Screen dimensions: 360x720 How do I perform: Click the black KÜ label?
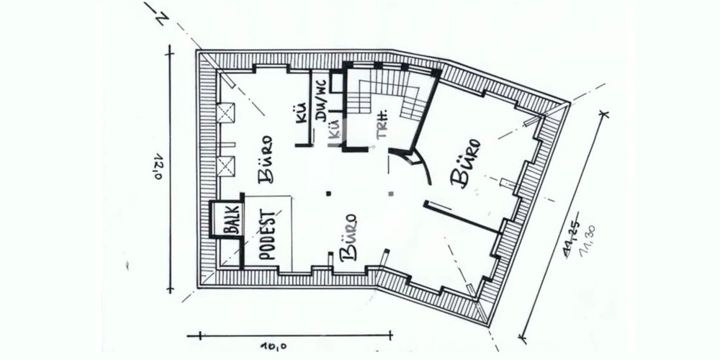click(x=302, y=113)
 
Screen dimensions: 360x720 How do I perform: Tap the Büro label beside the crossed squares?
click(x=264, y=159)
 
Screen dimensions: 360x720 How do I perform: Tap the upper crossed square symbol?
click(x=225, y=113)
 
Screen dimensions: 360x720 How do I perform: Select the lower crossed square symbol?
click(x=225, y=166)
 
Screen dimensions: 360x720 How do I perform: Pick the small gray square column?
click(x=390, y=193)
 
